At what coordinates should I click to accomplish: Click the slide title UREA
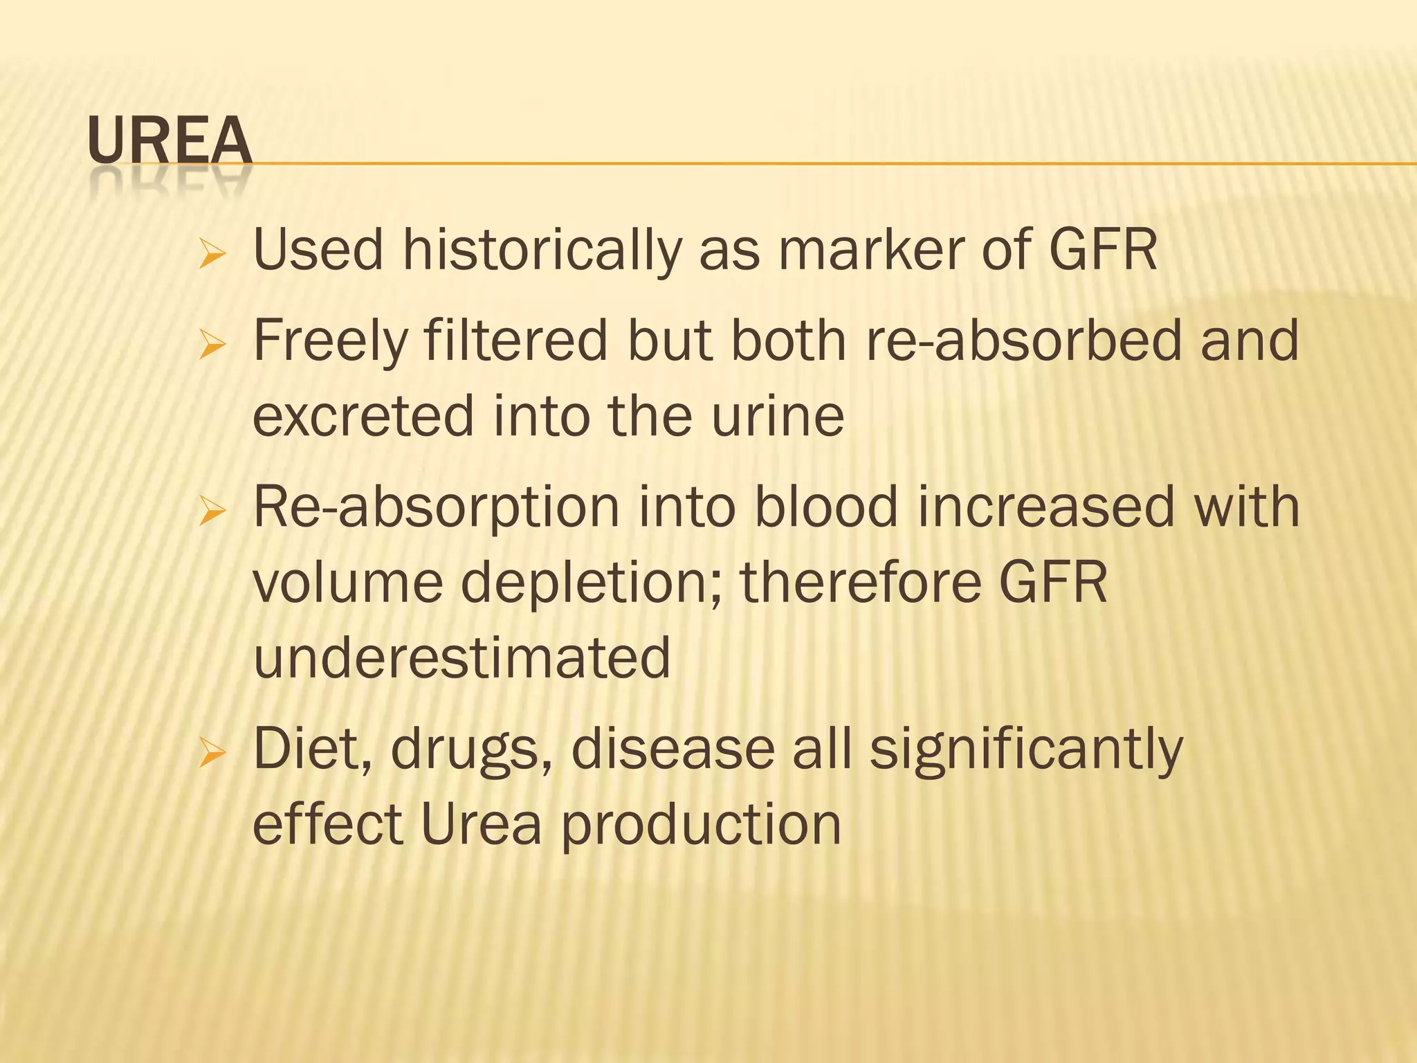tap(170, 140)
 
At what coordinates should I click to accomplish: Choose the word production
tap(701, 826)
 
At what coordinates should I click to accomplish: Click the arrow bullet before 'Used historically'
tap(212, 254)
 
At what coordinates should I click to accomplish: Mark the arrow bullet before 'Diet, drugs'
tap(212, 754)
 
